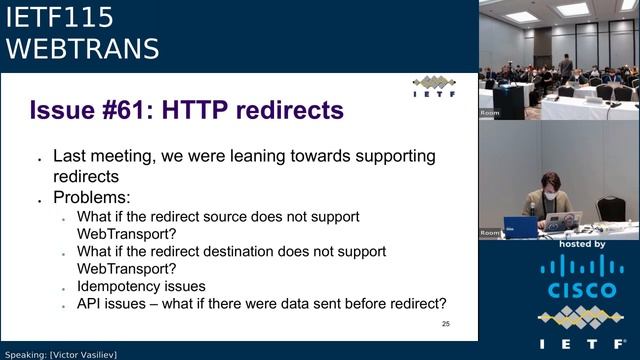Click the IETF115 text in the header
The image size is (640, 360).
pyautogui.click(x=60, y=17)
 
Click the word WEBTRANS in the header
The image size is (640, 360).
pyautogui.click(x=83, y=48)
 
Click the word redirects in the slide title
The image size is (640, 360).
pyautogui.click(x=289, y=109)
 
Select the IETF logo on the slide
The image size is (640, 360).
pyautogui.click(x=433, y=86)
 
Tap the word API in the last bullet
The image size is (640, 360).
pyautogui.click(x=91, y=305)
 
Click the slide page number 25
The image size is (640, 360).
pyautogui.click(x=445, y=324)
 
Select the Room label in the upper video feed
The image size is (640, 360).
pyautogui.click(x=490, y=113)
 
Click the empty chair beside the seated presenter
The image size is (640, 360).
pyautogui.click(x=609, y=206)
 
